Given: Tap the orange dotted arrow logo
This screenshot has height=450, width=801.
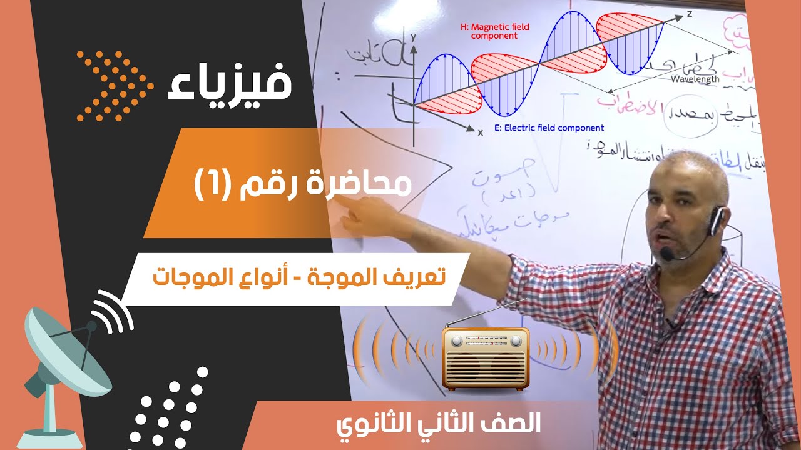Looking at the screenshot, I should point(115,85).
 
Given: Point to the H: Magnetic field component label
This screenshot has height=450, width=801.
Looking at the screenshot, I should point(494,31).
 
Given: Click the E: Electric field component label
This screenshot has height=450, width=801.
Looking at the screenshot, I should point(549,128).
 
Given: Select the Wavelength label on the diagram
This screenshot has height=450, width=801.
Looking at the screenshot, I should point(695,79).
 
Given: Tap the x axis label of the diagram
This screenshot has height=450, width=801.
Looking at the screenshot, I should point(481,132).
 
